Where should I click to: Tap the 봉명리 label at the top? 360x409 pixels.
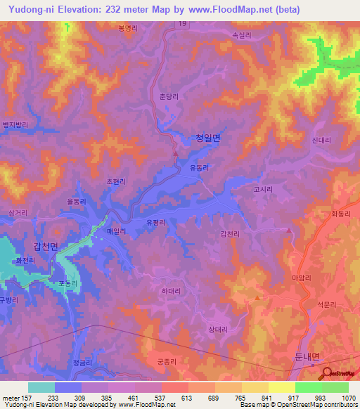coord(129,29)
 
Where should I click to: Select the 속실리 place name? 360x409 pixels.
coord(241,33)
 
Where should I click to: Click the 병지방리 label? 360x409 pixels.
coord(15,124)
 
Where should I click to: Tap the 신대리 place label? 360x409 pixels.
coord(321,141)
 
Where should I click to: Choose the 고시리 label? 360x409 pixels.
coord(262,189)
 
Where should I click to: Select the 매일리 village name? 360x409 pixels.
coord(116,231)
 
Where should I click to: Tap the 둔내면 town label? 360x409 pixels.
coord(307,356)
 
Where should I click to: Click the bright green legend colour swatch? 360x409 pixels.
coord(308,387)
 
